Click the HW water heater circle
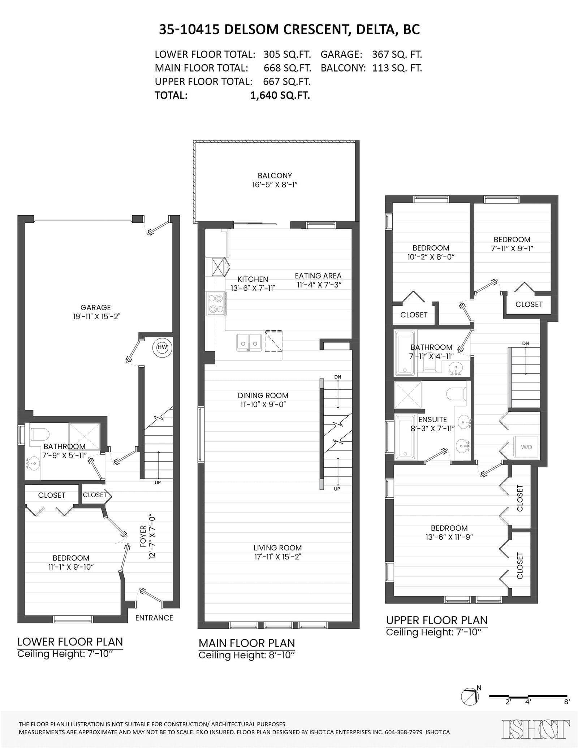coord(163,347)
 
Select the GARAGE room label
coord(95,307)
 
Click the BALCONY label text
coord(275,176)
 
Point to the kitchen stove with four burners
coord(216,304)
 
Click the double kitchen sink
coord(249,342)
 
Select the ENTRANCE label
coord(154,618)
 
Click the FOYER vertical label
coord(143,537)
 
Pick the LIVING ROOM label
coord(277,548)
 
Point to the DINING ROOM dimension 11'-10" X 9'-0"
coord(263,405)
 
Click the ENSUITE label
coord(432,419)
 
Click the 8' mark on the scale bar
coord(567,702)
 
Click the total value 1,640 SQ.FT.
coord(280,95)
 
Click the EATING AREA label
coord(318,276)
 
